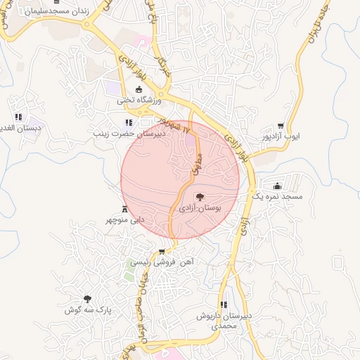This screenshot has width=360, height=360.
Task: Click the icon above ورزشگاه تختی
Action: (x=139, y=89)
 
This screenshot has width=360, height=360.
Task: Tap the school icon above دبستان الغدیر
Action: (x=18, y=117)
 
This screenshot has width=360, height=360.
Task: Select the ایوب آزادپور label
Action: (x=281, y=135)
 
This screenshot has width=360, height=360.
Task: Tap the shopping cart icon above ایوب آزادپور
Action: (x=281, y=125)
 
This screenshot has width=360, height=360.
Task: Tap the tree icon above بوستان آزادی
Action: (x=200, y=197)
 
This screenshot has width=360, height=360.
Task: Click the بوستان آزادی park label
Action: (x=200, y=209)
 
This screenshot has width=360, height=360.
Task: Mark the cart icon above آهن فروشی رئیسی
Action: (x=162, y=251)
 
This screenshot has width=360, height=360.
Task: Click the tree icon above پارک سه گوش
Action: (x=88, y=300)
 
